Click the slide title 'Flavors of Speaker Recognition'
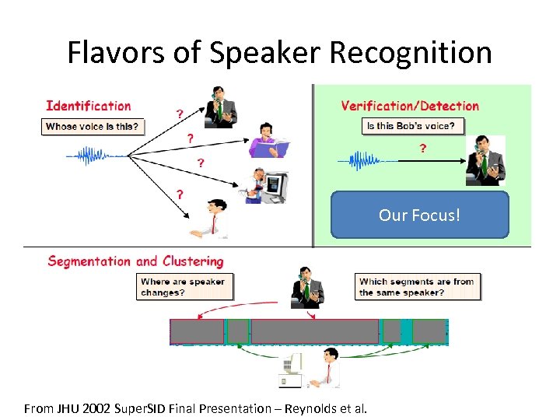pyautogui.click(x=279, y=53)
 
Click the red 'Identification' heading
pyautogui.click(x=89, y=106)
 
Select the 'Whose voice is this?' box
pyautogui.click(x=93, y=126)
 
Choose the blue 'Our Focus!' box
pyautogui.click(x=419, y=215)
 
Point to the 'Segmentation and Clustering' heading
pyautogui.click(x=135, y=261)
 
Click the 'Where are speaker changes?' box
pyautogui.click(x=185, y=287)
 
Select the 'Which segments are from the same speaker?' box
pyautogui.click(x=418, y=287)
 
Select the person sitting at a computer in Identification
pyautogui.click(x=264, y=185)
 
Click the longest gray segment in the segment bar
pyautogui.click(x=315, y=331)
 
